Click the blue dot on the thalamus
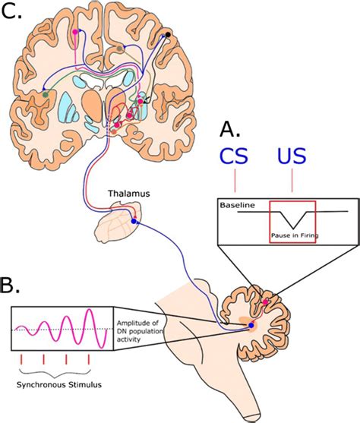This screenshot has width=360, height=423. click(x=134, y=221)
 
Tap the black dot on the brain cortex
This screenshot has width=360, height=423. click(x=168, y=35)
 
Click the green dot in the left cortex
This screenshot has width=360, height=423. click(x=46, y=94)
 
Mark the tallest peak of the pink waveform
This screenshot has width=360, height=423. click(x=93, y=311)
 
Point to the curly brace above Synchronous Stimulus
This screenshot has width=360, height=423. click(x=57, y=371)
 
